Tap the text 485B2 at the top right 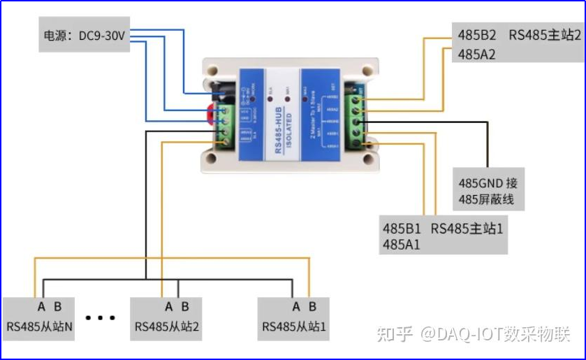pyautogui.click(x=477, y=34)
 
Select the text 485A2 pyautogui.click(x=477, y=54)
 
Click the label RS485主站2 pyautogui.click(x=544, y=34)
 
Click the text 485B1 pyautogui.click(x=402, y=229)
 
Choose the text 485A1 pyautogui.click(x=402, y=245)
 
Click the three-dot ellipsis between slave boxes pyautogui.click(x=101, y=318)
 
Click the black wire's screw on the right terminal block pyautogui.click(x=357, y=121)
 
